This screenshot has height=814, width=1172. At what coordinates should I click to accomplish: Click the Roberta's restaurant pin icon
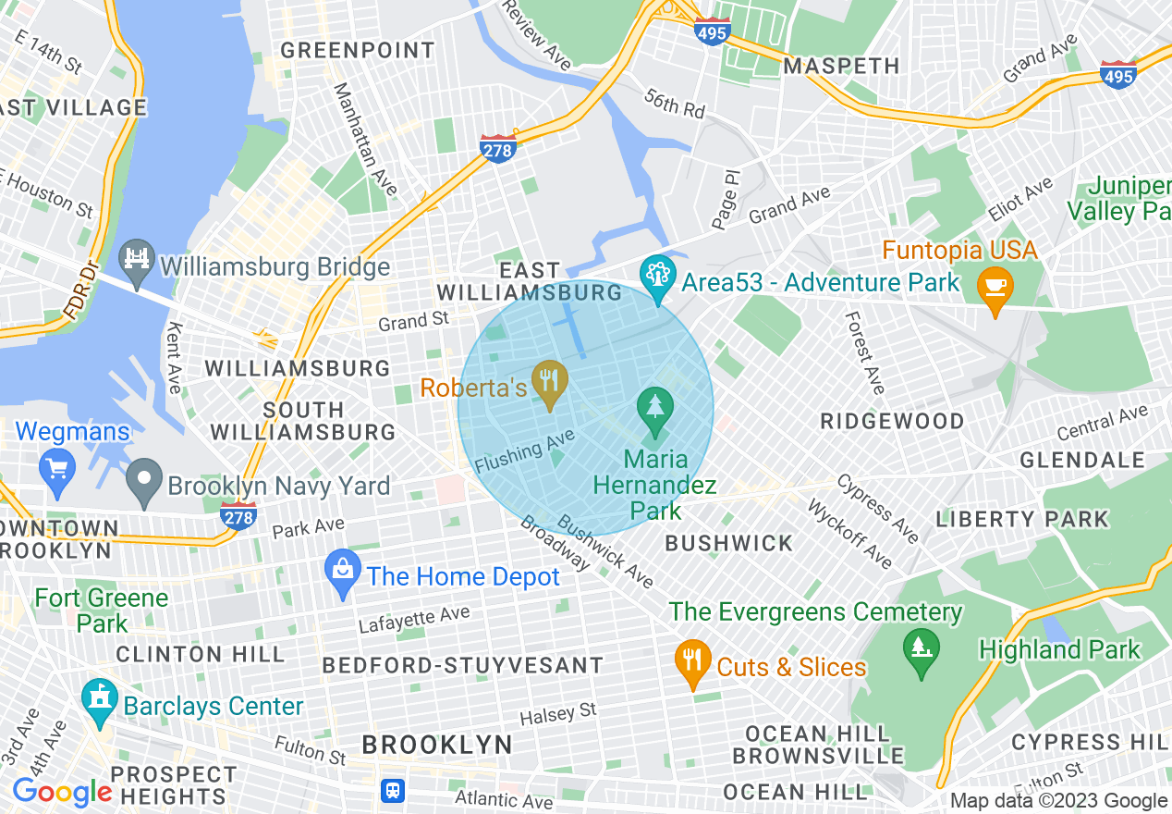551,382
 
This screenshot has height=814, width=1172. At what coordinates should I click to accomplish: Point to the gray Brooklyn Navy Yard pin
144,483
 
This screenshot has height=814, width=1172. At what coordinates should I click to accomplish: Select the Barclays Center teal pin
99,701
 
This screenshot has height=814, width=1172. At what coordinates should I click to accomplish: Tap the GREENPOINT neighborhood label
357,51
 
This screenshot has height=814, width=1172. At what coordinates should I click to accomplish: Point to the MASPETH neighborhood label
841,66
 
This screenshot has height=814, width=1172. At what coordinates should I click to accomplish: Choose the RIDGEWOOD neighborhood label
892,421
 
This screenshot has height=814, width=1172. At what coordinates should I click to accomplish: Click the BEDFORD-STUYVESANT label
462,665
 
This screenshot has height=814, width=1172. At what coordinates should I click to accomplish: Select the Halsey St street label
557,713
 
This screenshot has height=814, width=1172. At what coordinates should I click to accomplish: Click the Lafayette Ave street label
414,620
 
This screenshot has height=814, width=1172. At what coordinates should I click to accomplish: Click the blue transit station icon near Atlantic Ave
393,791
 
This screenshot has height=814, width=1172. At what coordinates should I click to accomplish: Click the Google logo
62,793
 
